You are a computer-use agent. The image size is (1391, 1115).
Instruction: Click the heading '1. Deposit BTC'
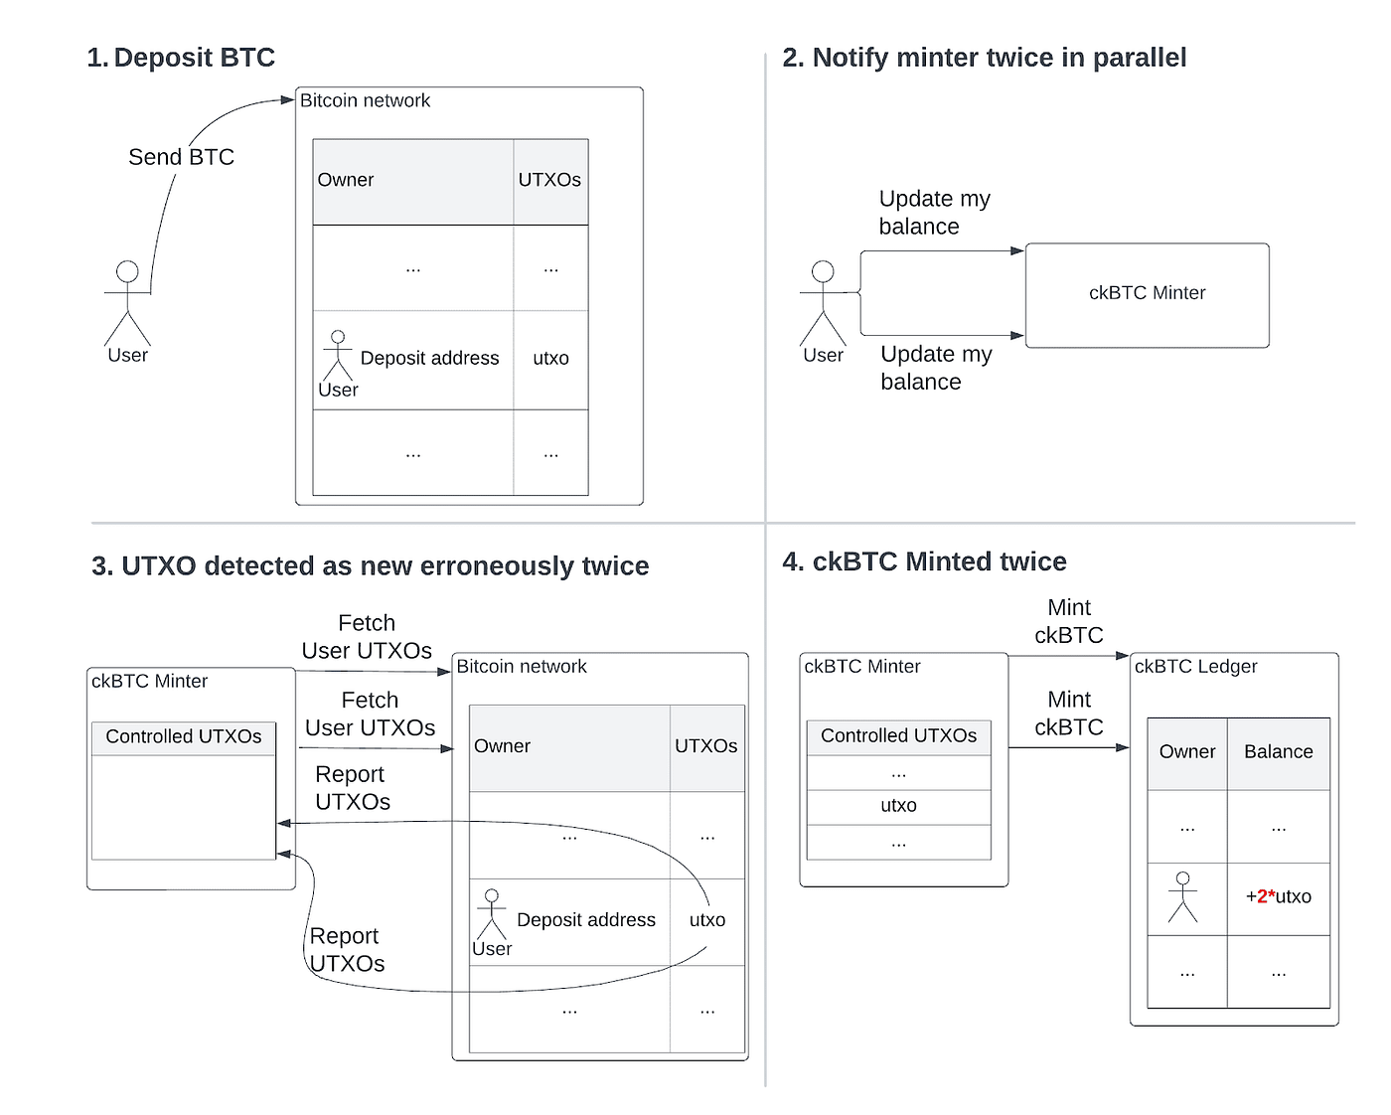[181, 58]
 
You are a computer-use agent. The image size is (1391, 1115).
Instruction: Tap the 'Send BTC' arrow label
[181, 157]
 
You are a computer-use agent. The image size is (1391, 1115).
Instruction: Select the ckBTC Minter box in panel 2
[1147, 294]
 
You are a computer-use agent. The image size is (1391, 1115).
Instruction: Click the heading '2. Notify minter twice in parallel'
[984, 58]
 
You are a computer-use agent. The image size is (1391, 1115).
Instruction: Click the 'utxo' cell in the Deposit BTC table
[550, 359]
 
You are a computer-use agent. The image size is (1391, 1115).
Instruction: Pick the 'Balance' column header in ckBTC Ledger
[1278, 752]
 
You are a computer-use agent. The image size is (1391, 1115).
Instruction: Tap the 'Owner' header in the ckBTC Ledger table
[1186, 752]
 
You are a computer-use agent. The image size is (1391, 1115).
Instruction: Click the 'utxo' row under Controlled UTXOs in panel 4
[898, 806]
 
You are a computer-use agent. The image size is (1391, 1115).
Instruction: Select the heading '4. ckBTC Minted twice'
[924, 561]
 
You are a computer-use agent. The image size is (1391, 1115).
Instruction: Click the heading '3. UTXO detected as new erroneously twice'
[370, 566]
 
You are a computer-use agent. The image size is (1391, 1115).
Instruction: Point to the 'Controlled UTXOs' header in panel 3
[184, 737]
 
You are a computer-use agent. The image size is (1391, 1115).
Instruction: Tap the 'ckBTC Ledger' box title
[1195, 667]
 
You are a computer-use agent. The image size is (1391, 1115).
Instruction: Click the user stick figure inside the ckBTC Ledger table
[1182, 896]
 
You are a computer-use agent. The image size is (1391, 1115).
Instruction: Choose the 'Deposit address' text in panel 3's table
[586, 920]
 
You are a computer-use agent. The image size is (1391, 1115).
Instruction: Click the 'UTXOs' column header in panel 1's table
[549, 180]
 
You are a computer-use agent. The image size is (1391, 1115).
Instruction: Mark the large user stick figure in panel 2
[823, 302]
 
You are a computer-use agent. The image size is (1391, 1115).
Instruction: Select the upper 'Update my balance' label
[934, 213]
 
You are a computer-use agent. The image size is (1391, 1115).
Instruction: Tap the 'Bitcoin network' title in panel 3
[522, 667]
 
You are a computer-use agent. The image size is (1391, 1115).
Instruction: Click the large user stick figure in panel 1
[127, 302]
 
